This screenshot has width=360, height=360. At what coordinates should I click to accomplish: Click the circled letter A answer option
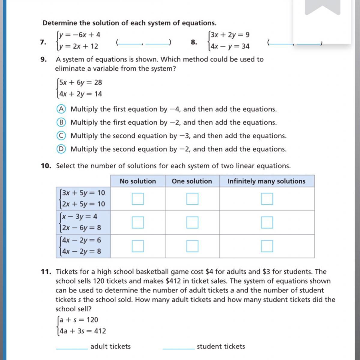(x=61, y=109)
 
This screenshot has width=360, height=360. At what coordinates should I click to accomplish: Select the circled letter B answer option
(x=61, y=122)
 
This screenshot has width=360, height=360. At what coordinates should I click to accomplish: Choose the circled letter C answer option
(x=61, y=136)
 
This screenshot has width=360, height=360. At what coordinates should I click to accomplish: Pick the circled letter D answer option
(x=61, y=149)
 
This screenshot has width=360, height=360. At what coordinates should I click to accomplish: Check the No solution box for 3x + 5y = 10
(x=138, y=199)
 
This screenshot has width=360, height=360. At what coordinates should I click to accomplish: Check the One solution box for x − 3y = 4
(x=192, y=222)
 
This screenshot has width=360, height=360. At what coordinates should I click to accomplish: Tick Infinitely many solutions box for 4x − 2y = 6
(x=267, y=246)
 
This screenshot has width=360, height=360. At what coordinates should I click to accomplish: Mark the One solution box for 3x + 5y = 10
(x=192, y=199)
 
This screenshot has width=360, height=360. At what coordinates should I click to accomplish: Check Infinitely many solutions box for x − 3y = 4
(x=267, y=222)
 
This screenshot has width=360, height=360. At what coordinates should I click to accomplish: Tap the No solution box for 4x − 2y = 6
(x=138, y=246)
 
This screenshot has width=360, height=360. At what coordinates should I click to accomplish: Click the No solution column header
(x=138, y=181)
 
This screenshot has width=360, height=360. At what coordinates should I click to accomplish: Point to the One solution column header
(x=192, y=181)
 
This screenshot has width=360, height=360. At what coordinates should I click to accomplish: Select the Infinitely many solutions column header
(x=266, y=181)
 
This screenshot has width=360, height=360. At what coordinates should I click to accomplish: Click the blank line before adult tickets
(x=71, y=347)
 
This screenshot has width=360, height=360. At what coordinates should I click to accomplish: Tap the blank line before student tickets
(x=178, y=347)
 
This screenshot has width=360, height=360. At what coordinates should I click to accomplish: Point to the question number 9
(x=44, y=59)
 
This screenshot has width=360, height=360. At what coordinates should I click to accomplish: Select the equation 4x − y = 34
(x=230, y=46)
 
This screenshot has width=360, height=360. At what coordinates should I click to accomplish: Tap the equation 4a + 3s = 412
(x=83, y=331)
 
